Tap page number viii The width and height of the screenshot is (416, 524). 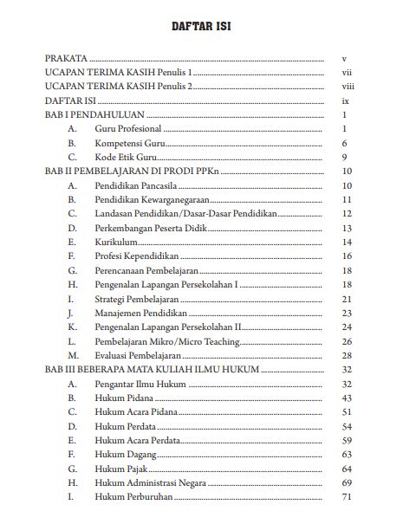point(348,87)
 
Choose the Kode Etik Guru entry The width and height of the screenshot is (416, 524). point(125,158)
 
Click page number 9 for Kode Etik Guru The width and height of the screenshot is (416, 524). point(345,158)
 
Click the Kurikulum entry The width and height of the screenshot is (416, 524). point(116,243)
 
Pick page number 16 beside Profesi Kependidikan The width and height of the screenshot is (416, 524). point(347,256)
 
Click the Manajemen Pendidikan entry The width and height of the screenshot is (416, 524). point(139,313)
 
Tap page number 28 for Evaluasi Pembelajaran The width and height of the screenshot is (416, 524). point(347,355)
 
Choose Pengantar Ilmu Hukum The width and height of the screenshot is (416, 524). point(139,384)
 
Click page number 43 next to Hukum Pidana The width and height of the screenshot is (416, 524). point(347,398)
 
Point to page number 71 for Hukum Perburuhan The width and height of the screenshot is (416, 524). point(347,497)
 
